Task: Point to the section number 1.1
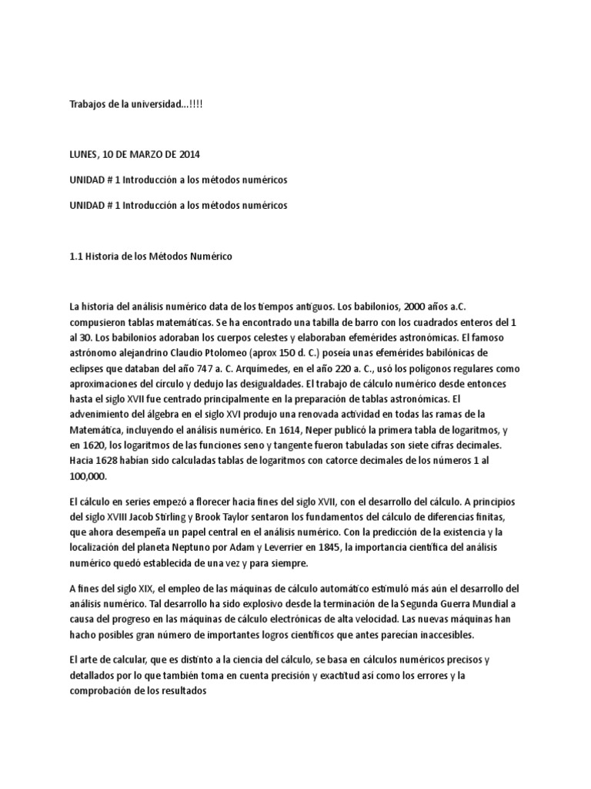tap(75, 257)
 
